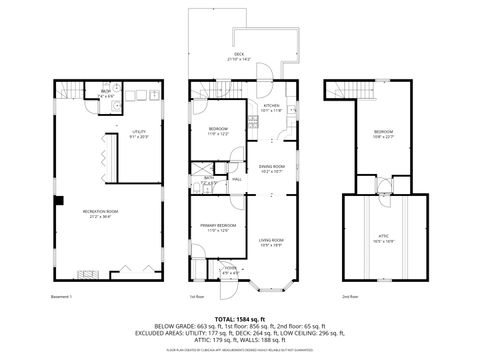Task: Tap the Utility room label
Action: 138,133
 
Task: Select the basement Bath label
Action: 104,92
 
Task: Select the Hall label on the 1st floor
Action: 237,179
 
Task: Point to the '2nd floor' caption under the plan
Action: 349,296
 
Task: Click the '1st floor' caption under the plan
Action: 197,296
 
